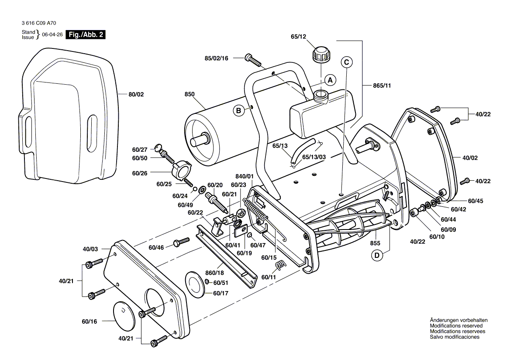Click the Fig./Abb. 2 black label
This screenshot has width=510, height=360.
[x=85, y=35]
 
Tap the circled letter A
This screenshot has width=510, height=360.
[x=331, y=80]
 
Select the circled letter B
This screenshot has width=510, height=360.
[x=239, y=111]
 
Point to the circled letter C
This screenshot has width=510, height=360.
[x=347, y=62]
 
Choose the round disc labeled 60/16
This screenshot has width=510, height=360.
[x=126, y=314]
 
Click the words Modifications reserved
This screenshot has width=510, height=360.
[x=456, y=326]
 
